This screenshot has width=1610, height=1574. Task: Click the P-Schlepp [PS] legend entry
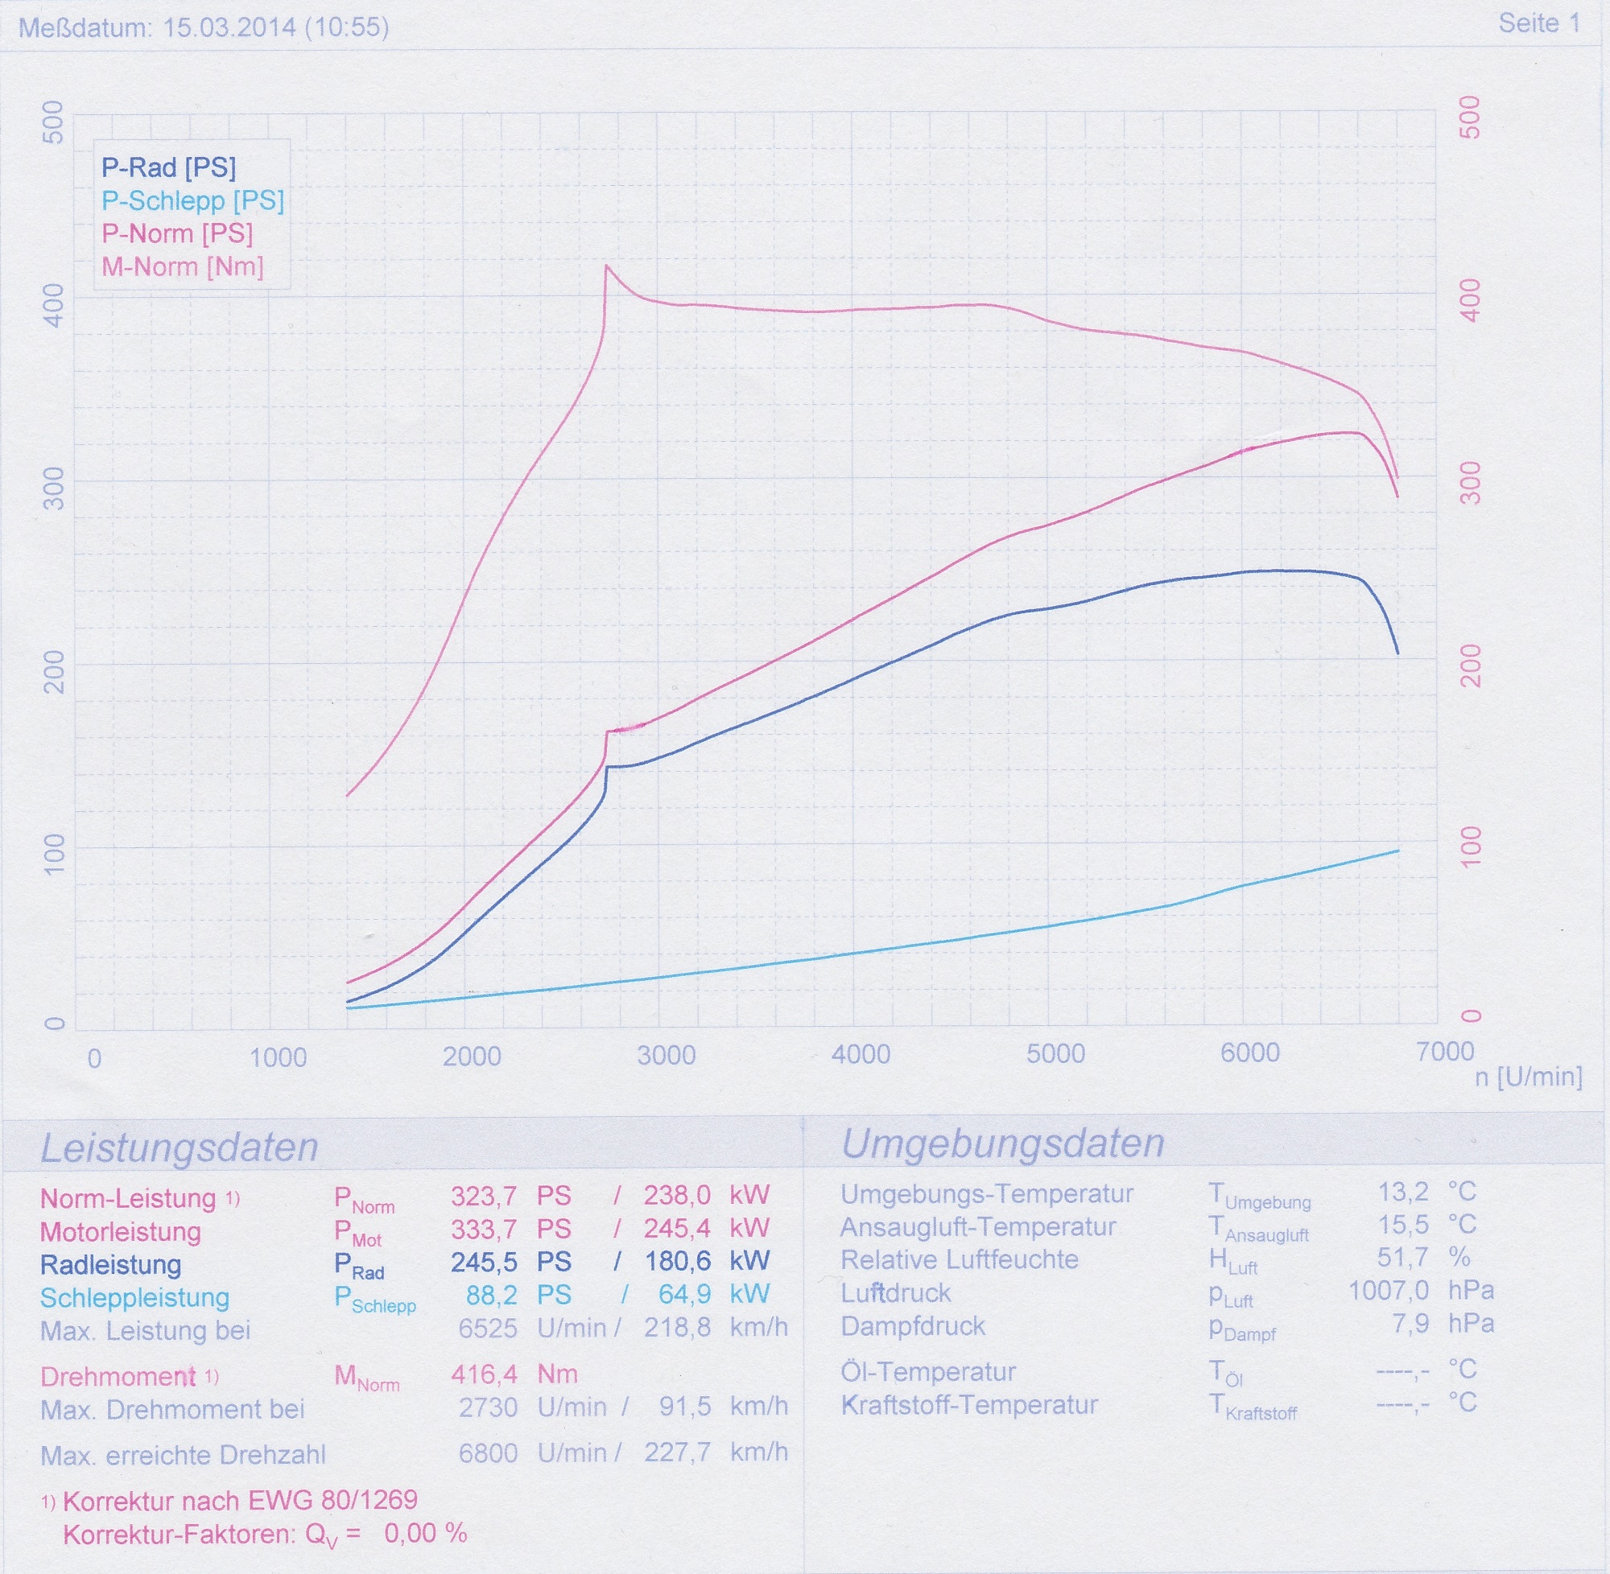point(192,201)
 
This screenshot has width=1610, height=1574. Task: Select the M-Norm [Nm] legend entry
point(182,267)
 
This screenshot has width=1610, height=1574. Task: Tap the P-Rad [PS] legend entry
point(169,168)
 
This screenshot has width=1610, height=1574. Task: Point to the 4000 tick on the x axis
point(861,1054)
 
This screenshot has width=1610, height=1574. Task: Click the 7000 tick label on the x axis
point(1445,1052)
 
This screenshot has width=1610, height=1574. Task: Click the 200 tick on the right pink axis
point(1471,666)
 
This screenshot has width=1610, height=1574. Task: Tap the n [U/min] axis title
point(1528,1077)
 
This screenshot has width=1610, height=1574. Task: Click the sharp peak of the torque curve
point(606,266)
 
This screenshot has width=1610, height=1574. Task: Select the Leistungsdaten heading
point(180,1148)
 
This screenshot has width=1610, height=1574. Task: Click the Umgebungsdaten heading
point(1002,1144)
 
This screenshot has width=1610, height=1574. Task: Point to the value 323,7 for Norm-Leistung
point(484,1195)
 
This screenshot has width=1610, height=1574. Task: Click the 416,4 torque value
point(484,1374)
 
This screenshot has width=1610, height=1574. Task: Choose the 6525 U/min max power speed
point(488,1329)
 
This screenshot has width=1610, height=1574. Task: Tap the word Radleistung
point(111,1265)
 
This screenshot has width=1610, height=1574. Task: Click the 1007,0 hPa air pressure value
point(1389,1291)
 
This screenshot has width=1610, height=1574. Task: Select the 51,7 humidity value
point(1402,1258)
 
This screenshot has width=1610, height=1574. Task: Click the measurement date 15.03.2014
point(229,27)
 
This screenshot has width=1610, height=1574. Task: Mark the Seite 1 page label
point(1539,23)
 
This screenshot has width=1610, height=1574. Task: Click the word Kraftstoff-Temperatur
point(969,1404)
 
